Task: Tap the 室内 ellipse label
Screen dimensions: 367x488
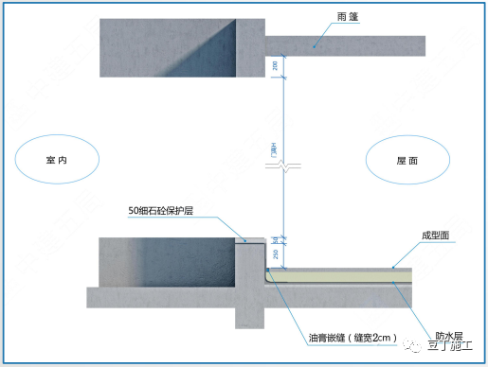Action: [59, 162]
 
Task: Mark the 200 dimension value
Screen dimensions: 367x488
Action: [275, 65]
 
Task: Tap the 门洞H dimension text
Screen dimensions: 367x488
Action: [275, 149]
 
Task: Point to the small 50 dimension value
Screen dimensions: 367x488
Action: [275, 238]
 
